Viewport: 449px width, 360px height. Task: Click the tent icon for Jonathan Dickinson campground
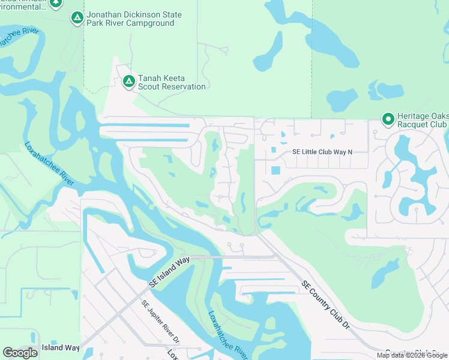pyautogui.click(x=77, y=18)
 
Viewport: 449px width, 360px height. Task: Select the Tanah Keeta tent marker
pyautogui.click(x=128, y=82)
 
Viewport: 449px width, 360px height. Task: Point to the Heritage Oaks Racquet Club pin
pyautogui.click(x=387, y=119)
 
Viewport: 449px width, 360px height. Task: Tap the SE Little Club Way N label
pyautogui.click(x=322, y=152)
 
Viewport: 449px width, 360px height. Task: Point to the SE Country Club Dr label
pyautogui.click(x=325, y=305)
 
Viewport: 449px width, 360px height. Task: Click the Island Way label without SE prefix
pyautogui.click(x=60, y=347)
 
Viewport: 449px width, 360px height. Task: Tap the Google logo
pyautogui.click(x=20, y=353)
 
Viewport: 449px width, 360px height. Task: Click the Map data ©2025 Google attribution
pyautogui.click(x=412, y=355)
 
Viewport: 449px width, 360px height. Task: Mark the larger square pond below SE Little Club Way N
pyautogui.click(x=275, y=170)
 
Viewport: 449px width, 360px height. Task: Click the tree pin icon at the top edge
pyautogui.click(x=56, y=3)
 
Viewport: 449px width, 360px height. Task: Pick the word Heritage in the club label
pyautogui.click(x=415, y=116)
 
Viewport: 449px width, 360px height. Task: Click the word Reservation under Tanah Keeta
pyautogui.click(x=182, y=86)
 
